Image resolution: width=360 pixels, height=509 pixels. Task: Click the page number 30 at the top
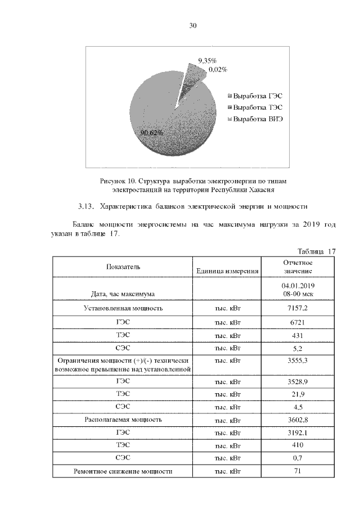(x=192, y=26)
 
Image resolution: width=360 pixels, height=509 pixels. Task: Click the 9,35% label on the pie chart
(x=206, y=60)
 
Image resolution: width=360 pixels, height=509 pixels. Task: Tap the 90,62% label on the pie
(x=152, y=132)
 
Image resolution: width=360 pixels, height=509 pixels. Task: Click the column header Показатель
(x=123, y=266)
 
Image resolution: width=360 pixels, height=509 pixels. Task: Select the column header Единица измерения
(x=227, y=271)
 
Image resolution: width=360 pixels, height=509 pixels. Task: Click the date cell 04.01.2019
(x=298, y=286)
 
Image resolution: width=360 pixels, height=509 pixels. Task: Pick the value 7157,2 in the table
(x=298, y=308)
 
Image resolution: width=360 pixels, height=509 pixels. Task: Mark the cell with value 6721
(x=298, y=323)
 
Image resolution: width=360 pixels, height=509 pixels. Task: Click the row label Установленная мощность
(x=123, y=308)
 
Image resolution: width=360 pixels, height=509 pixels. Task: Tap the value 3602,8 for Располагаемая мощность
(x=298, y=419)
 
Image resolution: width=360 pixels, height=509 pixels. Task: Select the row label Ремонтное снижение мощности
(x=123, y=471)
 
